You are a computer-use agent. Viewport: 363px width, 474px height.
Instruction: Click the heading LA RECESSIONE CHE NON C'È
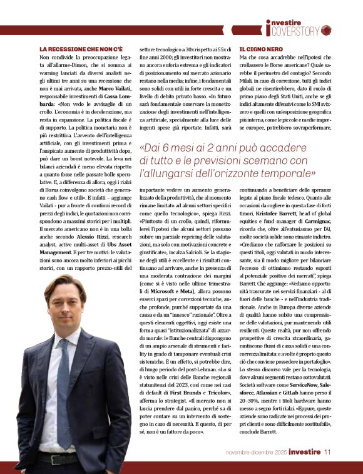(x=81, y=49)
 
